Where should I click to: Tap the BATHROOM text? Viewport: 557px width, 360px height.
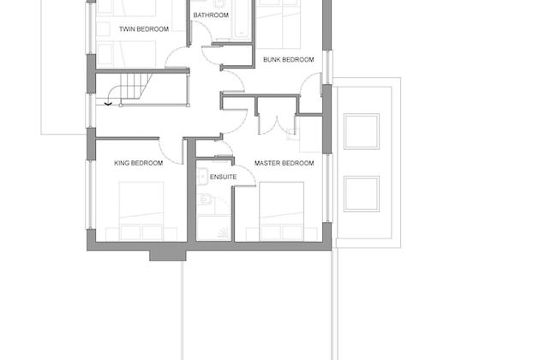point(211,15)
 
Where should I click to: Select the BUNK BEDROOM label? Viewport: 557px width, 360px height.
point(285,59)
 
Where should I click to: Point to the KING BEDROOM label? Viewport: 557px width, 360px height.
point(139,163)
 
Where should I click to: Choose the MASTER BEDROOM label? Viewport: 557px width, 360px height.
point(284,163)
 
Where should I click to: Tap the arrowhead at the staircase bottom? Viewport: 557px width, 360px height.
point(108,103)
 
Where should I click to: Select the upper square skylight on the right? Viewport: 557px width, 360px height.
point(361,130)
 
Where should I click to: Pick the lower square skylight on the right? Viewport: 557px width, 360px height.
point(361,193)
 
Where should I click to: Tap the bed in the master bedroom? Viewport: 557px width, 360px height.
point(282,211)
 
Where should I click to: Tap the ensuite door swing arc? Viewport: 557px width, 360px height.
point(243,171)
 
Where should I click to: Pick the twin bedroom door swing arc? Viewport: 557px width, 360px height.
point(178,58)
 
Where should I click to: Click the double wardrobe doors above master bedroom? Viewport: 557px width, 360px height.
point(277,123)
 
